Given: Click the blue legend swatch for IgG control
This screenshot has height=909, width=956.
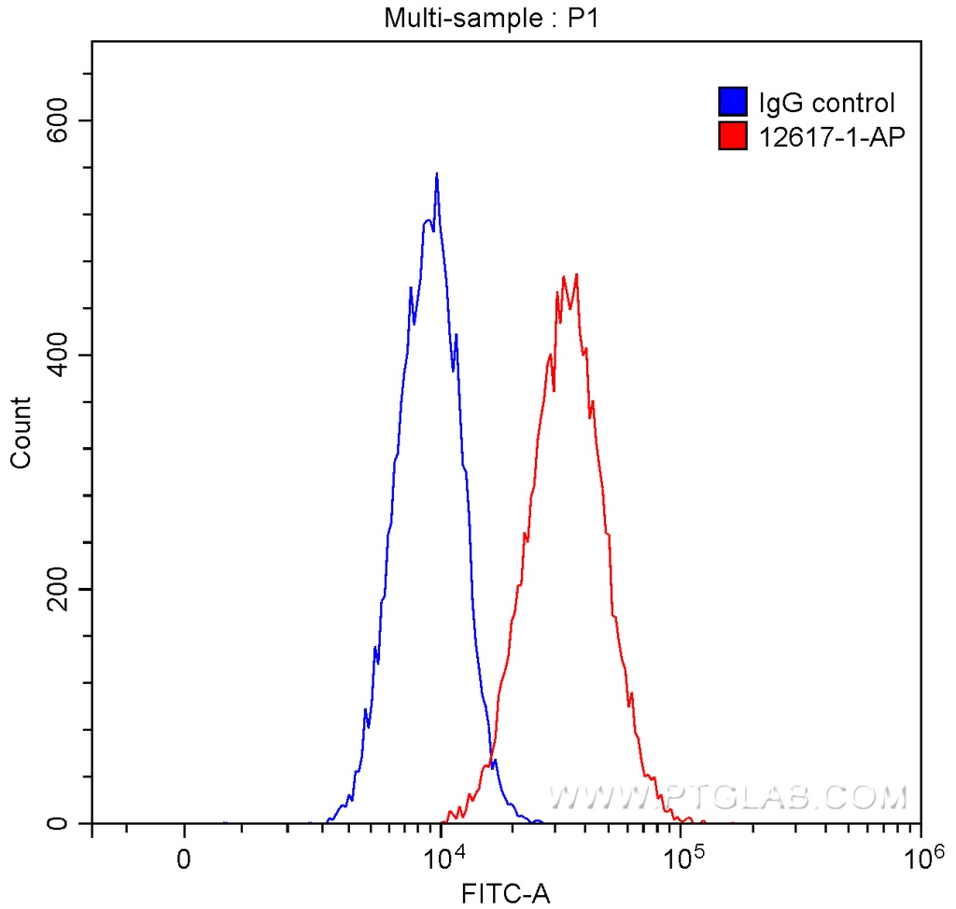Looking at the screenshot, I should pyautogui.click(x=733, y=102).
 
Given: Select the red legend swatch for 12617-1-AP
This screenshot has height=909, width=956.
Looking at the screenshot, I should pyautogui.click(x=733, y=137).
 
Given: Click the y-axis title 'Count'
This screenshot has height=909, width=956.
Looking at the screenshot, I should pyautogui.click(x=21, y=432).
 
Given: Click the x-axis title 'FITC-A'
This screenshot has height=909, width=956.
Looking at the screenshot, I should pyautogui.click(x=506, y=894).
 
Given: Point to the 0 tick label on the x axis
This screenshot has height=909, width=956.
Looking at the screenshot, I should pyautogui.click(x=185, y=856).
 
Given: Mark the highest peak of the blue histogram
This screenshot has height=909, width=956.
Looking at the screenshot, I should pyautogui.click(x=436, y=175).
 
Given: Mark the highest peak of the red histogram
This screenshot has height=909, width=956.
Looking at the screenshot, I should pyautogui.click(x=577, y=275).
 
